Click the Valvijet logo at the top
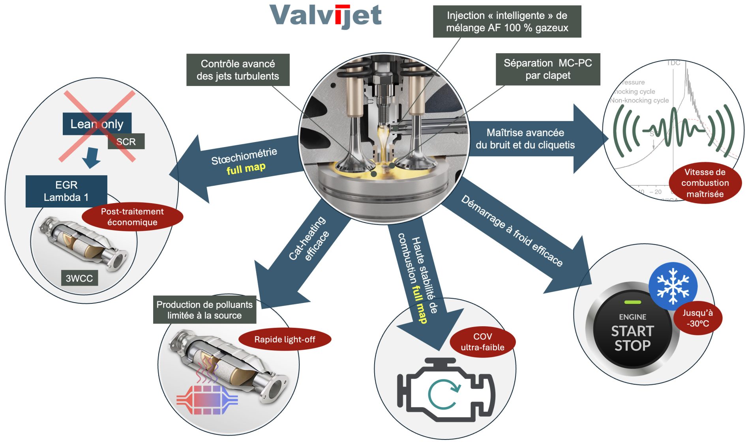(x=325, y=16)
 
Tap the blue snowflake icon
(x=673, y=286)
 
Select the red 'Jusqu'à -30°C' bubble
(x=697, y=318)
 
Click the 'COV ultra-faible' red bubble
(x=482, y=342)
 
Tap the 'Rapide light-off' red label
(x=285, y=339)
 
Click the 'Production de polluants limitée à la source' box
(x=204, y=310)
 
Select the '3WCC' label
(x=79, y=278)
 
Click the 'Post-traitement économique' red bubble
(x=132, y=217)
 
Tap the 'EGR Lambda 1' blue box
(x=66, y=191)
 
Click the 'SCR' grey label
(x=126, y=142)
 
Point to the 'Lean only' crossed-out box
(x=97, y=124)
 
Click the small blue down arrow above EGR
(x=92, y=157)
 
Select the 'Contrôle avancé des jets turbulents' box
(x=238, y=70)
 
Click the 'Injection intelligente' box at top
(x=507, y=22)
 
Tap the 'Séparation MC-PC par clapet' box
(x=548, y=69)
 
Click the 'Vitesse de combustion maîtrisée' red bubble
(x=705, y=183)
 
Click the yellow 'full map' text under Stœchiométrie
(x=246, y=168)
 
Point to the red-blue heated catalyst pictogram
(x=207, y=399)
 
